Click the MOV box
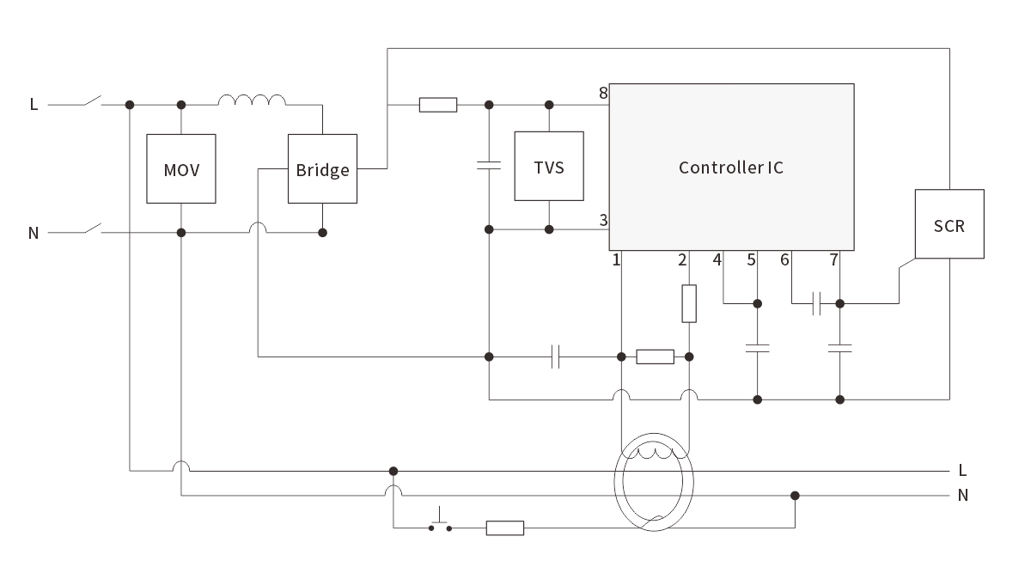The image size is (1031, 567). (180, 168)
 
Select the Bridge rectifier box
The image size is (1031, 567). (322, 168)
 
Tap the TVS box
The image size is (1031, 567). (548, 166)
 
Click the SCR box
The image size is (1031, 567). (949, 224)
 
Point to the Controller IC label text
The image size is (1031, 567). (730, 168)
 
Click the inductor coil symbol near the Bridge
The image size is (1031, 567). (252, 101)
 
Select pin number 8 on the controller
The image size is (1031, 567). (603, 93)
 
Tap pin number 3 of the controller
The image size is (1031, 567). (603, 221)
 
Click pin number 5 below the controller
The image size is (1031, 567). (752, 259)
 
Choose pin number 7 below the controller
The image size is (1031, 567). (833, 259)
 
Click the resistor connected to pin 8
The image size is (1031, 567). (438, 105)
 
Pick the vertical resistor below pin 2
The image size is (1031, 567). (689, 303)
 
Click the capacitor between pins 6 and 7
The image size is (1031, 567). (816, 302)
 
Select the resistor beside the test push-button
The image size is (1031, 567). (505, 527)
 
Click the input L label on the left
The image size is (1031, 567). (34, 105)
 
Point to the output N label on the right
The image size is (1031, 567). (962, 495)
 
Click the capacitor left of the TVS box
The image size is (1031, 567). (488, 165)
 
